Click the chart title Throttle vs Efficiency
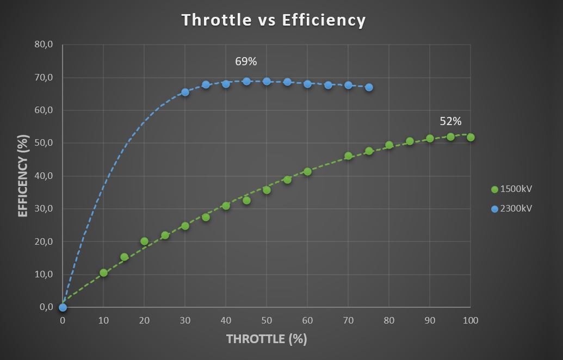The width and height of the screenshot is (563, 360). [274, 20]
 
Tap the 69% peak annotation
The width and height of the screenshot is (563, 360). [246, 61]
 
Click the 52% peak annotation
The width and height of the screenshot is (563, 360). [450, 121]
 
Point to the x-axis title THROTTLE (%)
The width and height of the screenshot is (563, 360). [267, 339]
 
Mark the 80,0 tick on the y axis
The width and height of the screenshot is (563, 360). [44, 45]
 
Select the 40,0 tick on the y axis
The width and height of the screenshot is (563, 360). [44, 176]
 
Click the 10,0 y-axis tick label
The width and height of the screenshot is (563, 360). [44, 274]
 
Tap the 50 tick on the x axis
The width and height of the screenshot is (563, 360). [267, 321]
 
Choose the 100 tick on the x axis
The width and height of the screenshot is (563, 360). [471, 321]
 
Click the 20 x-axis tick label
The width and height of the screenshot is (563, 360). [144, 321]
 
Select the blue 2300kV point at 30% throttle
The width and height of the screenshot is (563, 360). [185, 92]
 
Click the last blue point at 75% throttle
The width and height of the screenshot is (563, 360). [369, 87]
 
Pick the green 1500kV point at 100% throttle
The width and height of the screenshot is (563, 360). [471, 137]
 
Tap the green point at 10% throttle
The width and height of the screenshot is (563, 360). [103, 272]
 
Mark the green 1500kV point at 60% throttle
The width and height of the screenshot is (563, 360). [307, 171]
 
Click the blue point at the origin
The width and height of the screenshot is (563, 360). [63, 307]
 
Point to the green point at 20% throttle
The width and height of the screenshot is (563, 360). [144, 241]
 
